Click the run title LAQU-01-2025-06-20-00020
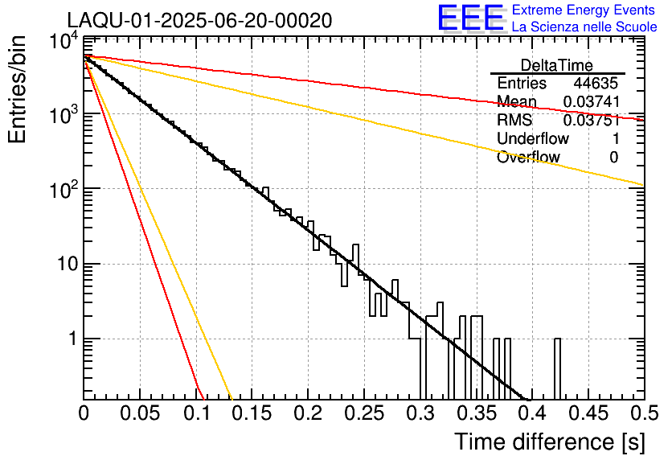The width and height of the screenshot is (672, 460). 199,21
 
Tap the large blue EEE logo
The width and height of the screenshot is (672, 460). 470,19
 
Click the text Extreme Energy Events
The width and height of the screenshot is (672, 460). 584,10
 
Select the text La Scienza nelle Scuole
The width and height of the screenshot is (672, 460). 584,27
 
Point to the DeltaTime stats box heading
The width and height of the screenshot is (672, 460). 557,65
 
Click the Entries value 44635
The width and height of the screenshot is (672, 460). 596,84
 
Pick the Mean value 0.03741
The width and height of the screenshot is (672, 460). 591,102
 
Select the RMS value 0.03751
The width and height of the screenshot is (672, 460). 591,121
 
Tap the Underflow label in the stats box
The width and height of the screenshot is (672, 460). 533,139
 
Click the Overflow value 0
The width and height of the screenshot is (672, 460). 614,158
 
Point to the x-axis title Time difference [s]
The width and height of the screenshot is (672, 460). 548,442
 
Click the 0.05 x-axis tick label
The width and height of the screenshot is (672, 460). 139,413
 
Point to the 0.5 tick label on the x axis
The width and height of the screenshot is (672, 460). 643,413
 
